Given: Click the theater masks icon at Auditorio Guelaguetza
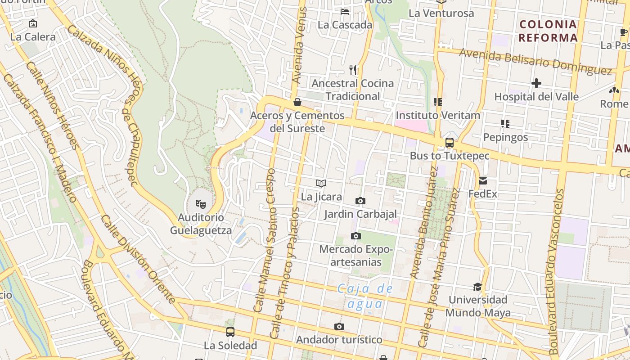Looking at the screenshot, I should point(201,204).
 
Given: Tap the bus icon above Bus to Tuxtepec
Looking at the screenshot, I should point(449,143).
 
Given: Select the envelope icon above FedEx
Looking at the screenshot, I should point(483,181).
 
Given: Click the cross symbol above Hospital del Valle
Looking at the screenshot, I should point(536,83).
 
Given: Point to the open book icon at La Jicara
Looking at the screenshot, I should point(321,183).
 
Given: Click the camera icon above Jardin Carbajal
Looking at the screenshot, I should point(360,201).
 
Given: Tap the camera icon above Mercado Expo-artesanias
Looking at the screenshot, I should point(356,236).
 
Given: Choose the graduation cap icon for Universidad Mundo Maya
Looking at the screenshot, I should point(477,287).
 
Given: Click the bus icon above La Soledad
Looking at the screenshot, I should point(230,332).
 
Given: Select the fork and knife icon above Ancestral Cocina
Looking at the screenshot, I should point(353,70).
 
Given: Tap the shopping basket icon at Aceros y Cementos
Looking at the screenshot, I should point(297,102).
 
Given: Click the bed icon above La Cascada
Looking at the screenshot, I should point(345,11).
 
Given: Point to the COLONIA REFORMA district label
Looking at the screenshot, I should point(548,31).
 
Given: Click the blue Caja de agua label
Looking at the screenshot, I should point(365,296).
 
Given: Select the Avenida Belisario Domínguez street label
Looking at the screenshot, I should point(535,62).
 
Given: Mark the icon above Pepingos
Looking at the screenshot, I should point(505,123).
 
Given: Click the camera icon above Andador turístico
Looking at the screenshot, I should point(339,326).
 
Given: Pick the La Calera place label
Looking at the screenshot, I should point(33,37).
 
